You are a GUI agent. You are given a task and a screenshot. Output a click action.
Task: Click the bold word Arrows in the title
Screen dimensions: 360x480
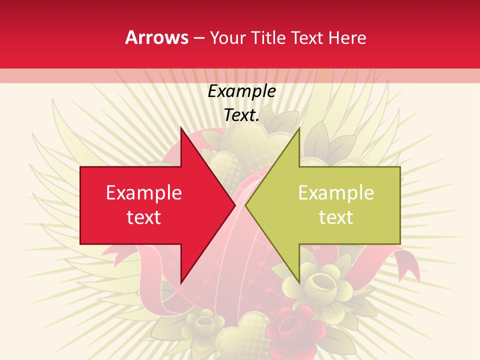[157, 37]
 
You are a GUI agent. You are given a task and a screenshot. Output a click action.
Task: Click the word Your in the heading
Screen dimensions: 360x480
[227, 38]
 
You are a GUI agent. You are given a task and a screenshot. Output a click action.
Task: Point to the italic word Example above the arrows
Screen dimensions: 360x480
[242, 91]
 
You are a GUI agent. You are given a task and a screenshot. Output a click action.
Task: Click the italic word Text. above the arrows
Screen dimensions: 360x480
[242, 115]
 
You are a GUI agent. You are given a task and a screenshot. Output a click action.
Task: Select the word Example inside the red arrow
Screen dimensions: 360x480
[144, 193]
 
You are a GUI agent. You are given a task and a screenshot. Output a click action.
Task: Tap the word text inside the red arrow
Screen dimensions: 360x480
[144, 217]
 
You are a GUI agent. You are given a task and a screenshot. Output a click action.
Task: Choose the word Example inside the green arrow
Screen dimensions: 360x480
[336, 193]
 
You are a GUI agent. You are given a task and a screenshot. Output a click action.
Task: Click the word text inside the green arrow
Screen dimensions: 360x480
[336, 217]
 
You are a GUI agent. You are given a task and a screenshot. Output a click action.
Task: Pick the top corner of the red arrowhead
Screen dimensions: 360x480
[181, 129]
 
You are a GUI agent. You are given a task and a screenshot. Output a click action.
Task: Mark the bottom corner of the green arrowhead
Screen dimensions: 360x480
[298, 282]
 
